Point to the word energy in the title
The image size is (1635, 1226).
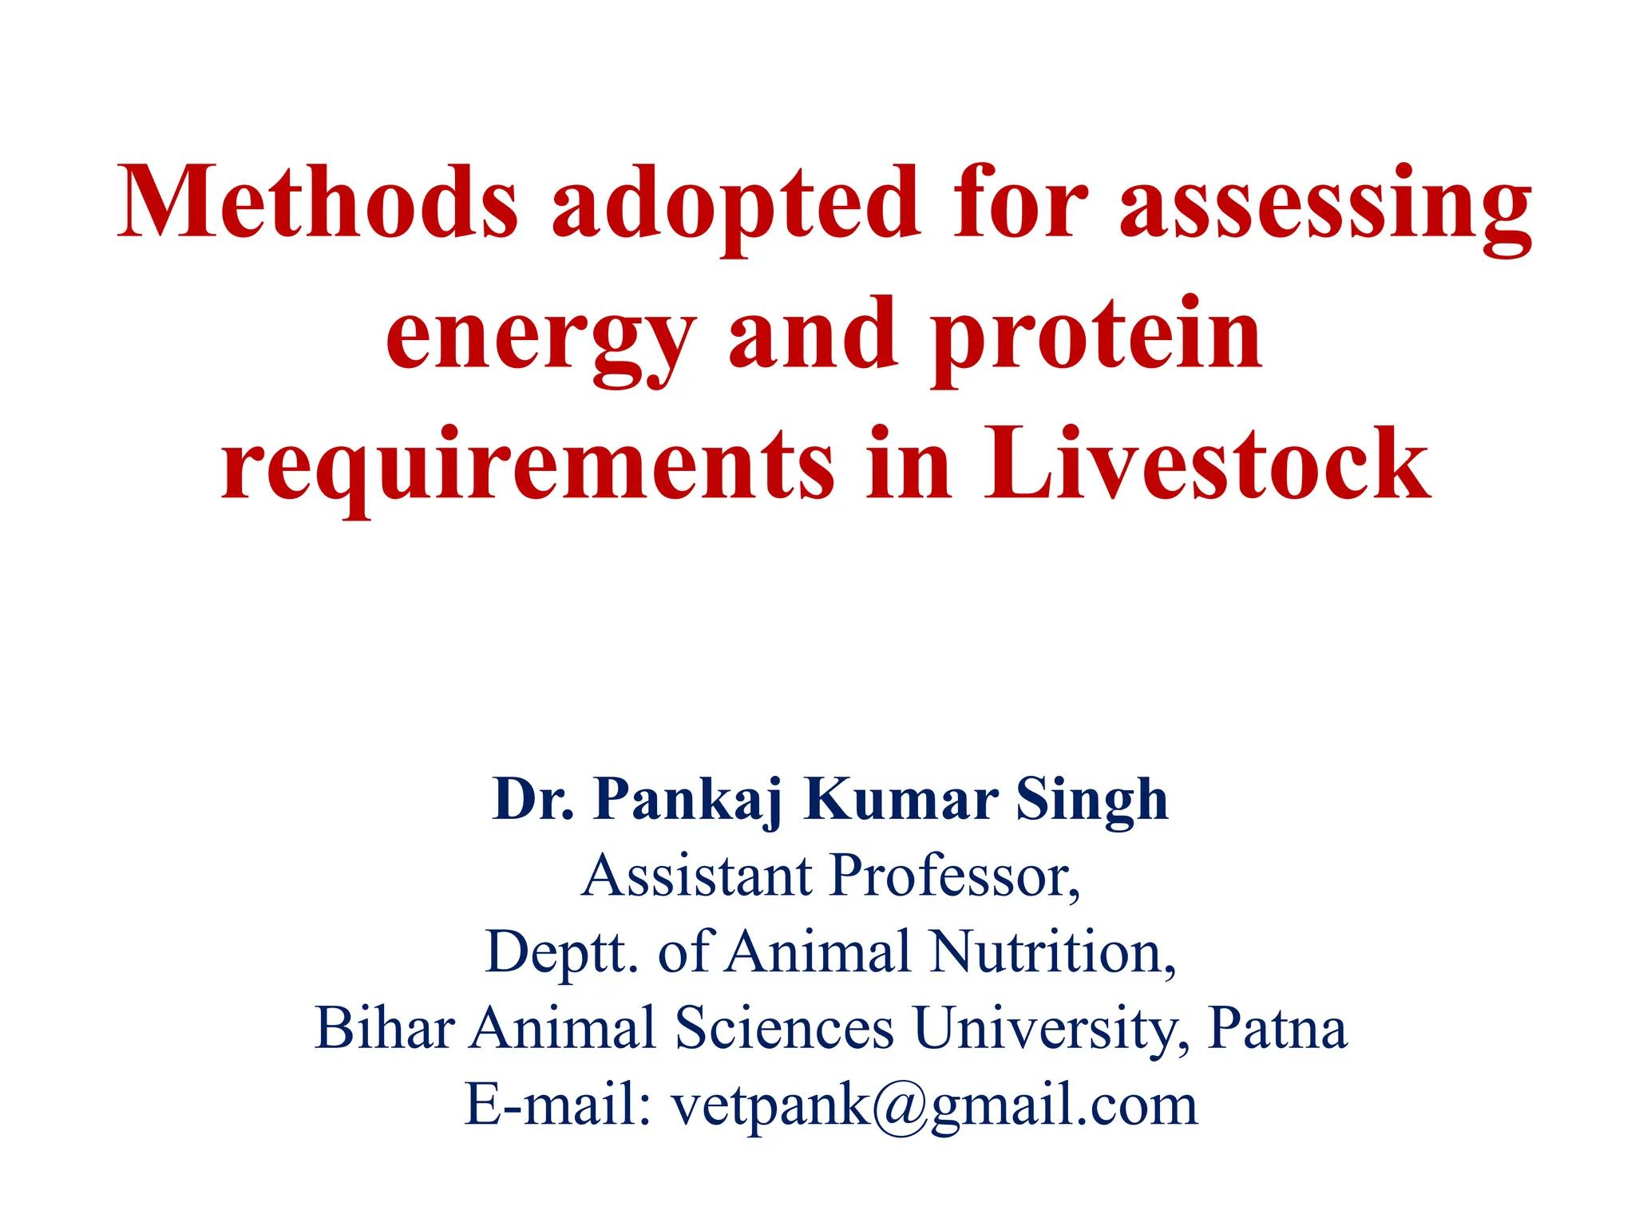point(540,339)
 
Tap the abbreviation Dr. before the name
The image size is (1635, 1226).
point(533,799)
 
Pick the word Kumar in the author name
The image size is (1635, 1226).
point(901,799)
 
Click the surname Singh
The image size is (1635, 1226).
point(1091,801)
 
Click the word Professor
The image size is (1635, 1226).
point(955,876)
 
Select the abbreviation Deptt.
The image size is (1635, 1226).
point(561,952)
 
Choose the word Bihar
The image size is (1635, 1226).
point(385,1028)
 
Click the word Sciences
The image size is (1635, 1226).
point(784,1028)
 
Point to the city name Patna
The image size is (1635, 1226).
point(1278,1028)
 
